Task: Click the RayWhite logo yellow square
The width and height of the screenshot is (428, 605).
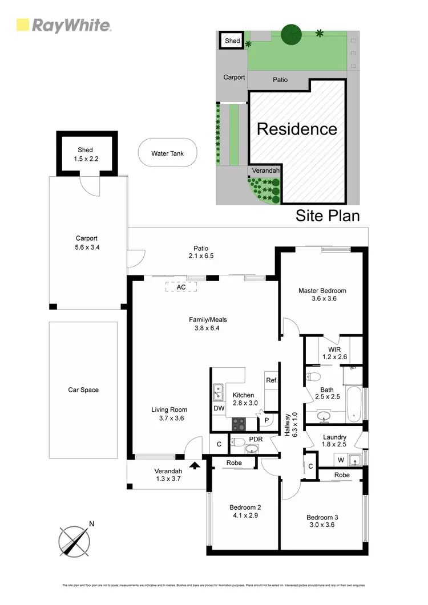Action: (x=23, y=25)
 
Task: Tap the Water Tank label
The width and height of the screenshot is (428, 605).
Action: (x=167, y=153)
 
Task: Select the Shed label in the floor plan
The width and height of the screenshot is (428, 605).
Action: (x=85, y=155)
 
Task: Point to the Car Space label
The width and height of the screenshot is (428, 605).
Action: (x=83, y=390)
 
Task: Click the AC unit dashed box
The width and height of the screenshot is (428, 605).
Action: (x=181, y=287)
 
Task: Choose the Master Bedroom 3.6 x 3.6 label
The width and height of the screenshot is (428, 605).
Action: (x=322, y=295)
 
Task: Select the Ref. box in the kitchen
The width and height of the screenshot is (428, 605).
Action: (x=271, y=380)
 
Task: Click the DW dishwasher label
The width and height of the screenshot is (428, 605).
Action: (x=219, y=408)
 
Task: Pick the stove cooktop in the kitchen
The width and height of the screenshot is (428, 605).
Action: (x=238, y=424)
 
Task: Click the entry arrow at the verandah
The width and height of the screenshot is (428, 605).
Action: (x=195, y=465)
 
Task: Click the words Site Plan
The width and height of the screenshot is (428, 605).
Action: (x=327, y=216)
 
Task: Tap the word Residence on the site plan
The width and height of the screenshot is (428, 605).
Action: (x=297, y=128)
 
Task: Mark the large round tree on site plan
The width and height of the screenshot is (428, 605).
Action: (x=291, y=34)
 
